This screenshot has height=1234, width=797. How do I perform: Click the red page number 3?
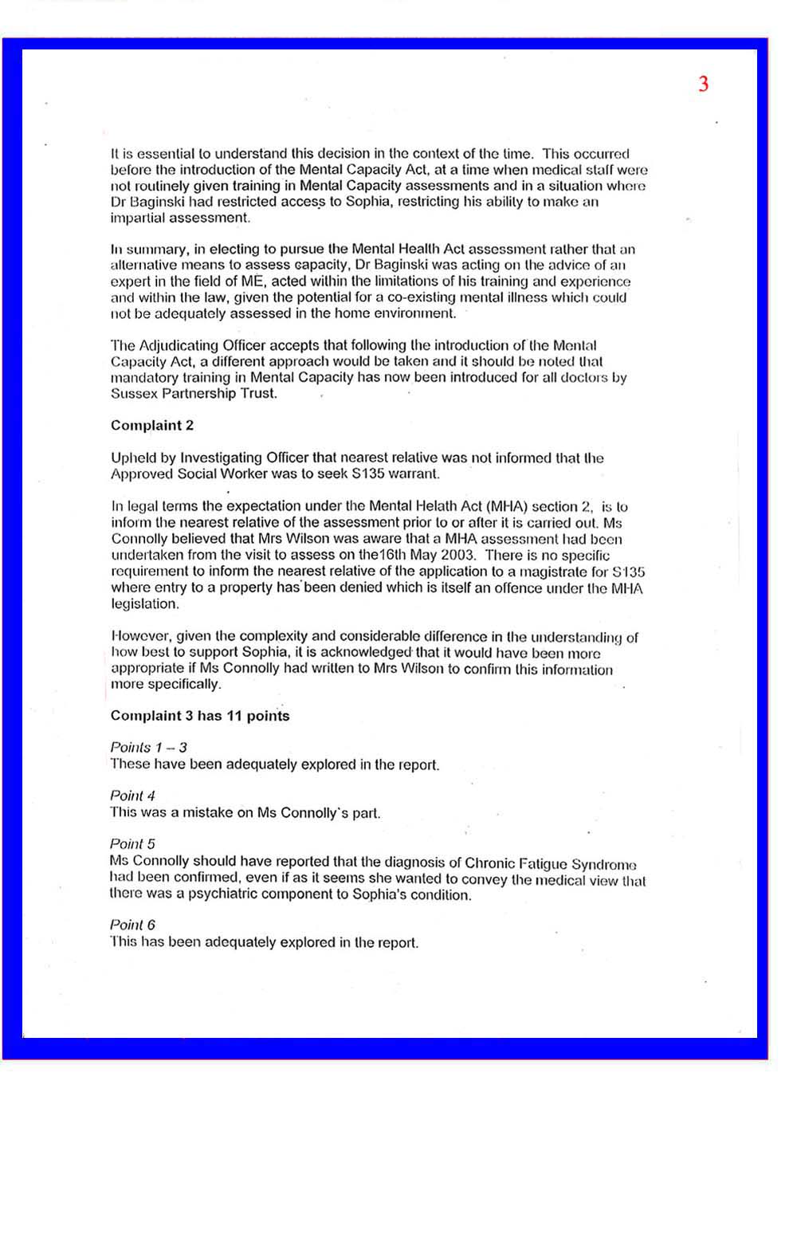coord(703,84)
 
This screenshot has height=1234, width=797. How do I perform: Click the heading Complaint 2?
coord(151,426)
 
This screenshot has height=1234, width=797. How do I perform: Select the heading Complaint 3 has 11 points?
coord(200,716)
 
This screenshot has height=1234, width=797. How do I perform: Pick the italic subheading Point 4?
coord(132,796)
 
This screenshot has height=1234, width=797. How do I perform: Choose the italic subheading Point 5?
coord(132,844)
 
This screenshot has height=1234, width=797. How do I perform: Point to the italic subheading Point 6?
coord(132,925)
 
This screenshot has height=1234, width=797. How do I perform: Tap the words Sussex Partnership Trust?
coord(194,394)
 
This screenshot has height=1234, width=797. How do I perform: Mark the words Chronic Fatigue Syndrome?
coord(550,863)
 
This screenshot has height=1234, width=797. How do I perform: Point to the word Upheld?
coord(132,458)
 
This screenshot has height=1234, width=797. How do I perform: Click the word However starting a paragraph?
coord(139,637)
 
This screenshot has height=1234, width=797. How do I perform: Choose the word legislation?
coord(145,604)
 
